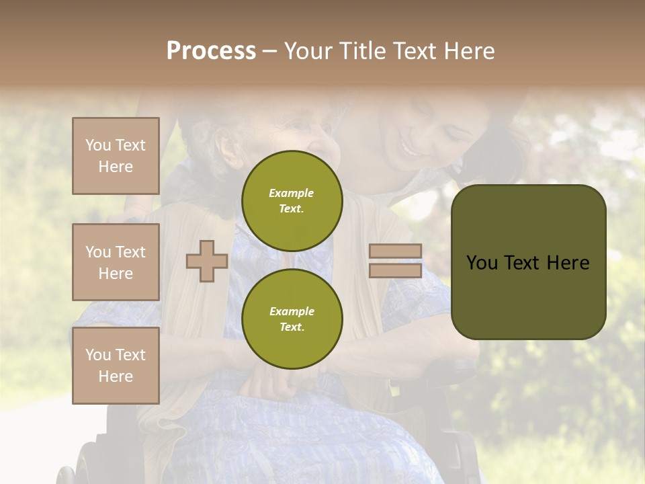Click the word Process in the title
click(x=211, y=51)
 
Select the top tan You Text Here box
click(x=116, y=156)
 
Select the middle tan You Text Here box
click(x=116, y=262)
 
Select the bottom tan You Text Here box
click(x=116, y=366)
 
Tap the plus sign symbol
click(x=207, y=261)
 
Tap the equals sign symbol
click(x=395, y=261)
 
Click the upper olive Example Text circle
click(x=292, y=200)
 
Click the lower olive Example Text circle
click(x=292, y=319)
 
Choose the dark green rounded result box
click(x=528, y=262)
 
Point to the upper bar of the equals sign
click(x=395, y=251)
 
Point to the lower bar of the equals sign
click(x=395, y=270)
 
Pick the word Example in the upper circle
click(x=292, y=193)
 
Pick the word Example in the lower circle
click(x=292, y=311)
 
